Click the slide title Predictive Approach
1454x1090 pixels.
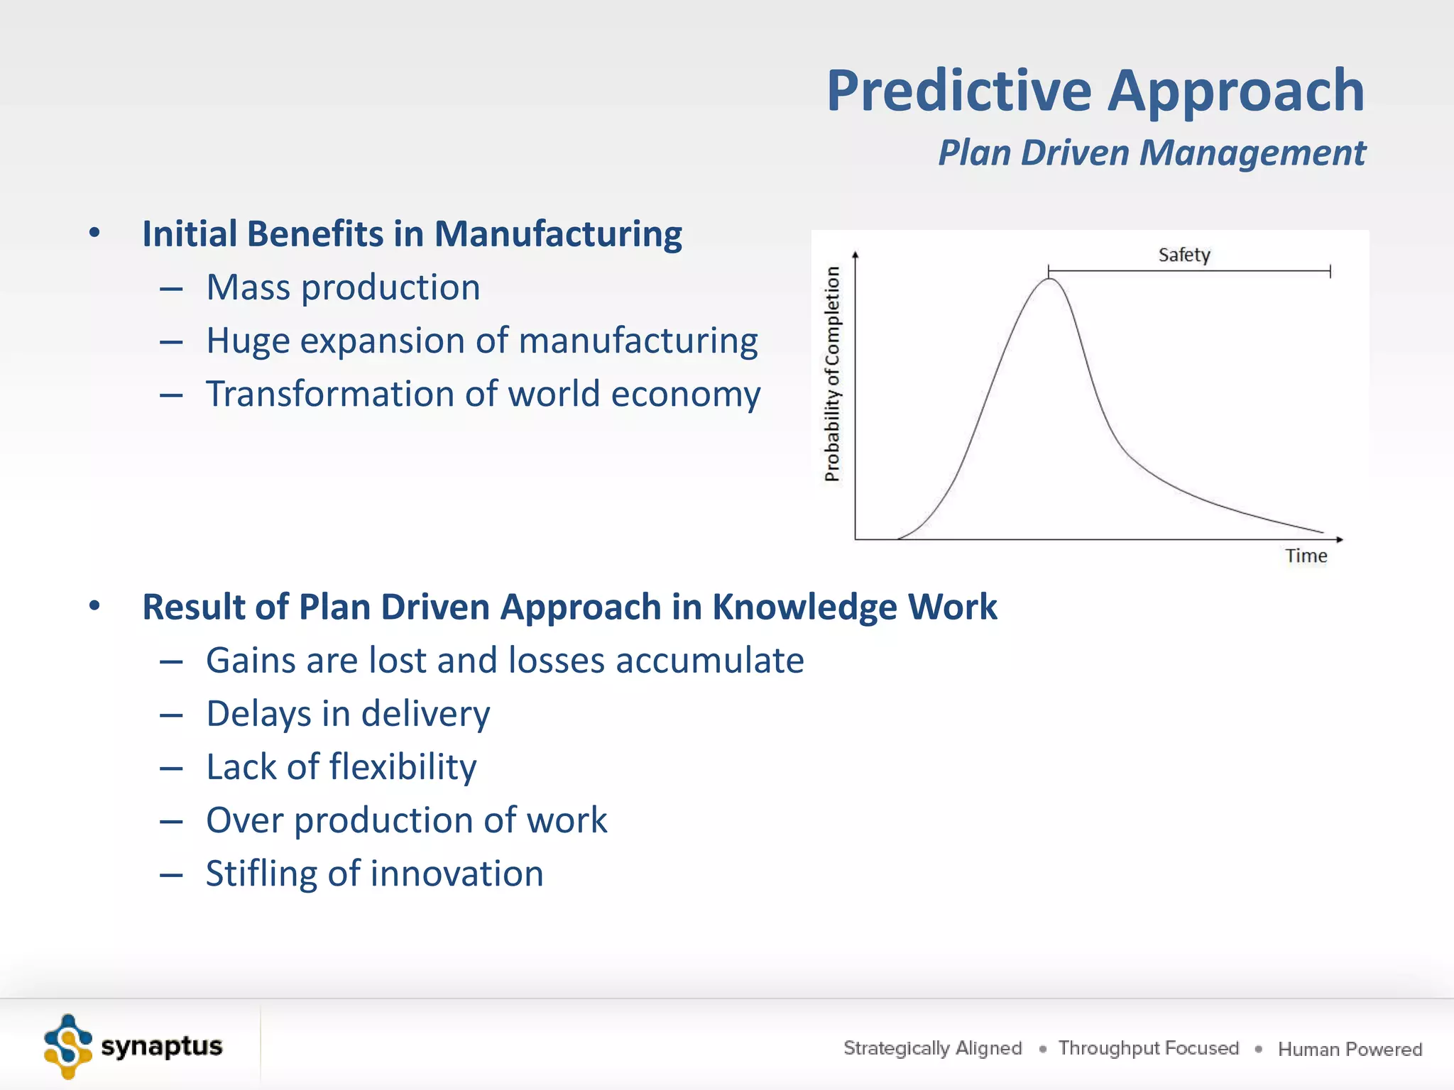pyautogui.click(x=1095, y=91)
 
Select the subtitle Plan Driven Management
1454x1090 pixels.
pyautogui.click(x=1151, y=153)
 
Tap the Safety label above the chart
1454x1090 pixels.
pyautogui.click(x=1184, y=255)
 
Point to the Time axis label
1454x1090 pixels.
pyautogui.click(x=1305, y=556)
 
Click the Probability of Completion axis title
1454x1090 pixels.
pyautogui.click(x=832, y=374)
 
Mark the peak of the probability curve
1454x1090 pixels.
pyautogui.click(x=1049, y=280)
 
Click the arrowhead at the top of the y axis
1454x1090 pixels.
pyautogui.click(x=856, y=254)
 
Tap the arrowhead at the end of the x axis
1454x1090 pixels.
pyautogui.click(x=1339, y=539)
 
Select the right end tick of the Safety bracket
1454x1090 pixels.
pyautogui.click(x=1330, y=271)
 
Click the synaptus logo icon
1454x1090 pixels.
pyautogui.click(x=68, y=1047)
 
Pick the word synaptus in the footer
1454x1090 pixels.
pyautogui.click(x=162, y=1046)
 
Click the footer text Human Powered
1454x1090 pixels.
pyautogui.click(x=1350, y=1049)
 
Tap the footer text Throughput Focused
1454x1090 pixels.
pyautogui.click(x=1148, y=1048)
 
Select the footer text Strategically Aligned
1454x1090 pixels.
pyautogui.click(x=932, y=1048)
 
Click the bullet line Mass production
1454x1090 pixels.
pyautogui.click(x=343, y=287)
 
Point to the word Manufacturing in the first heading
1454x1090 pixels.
pyautogui.click(x=557, y=234)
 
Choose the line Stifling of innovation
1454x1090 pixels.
pyautogui.click(x=374, y=874)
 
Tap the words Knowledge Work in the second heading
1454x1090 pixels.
pyautogui.click(x=854, y=607)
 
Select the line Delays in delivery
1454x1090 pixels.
pyautogui.click(x=348, y=714)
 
